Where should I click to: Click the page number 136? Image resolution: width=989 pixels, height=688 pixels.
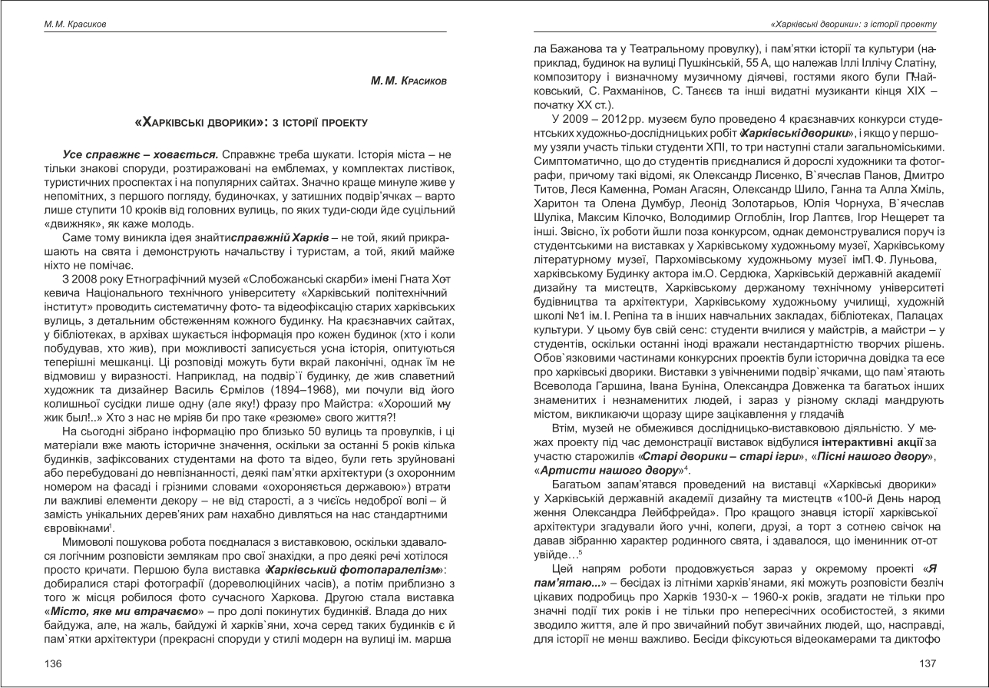pyautogui.click(x=52, y=664)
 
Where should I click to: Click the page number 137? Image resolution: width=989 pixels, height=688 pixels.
pyautogui.click(x=928, y=664)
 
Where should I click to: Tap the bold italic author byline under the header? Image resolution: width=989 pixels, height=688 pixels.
pyautogui.click(x=408, y=81)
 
